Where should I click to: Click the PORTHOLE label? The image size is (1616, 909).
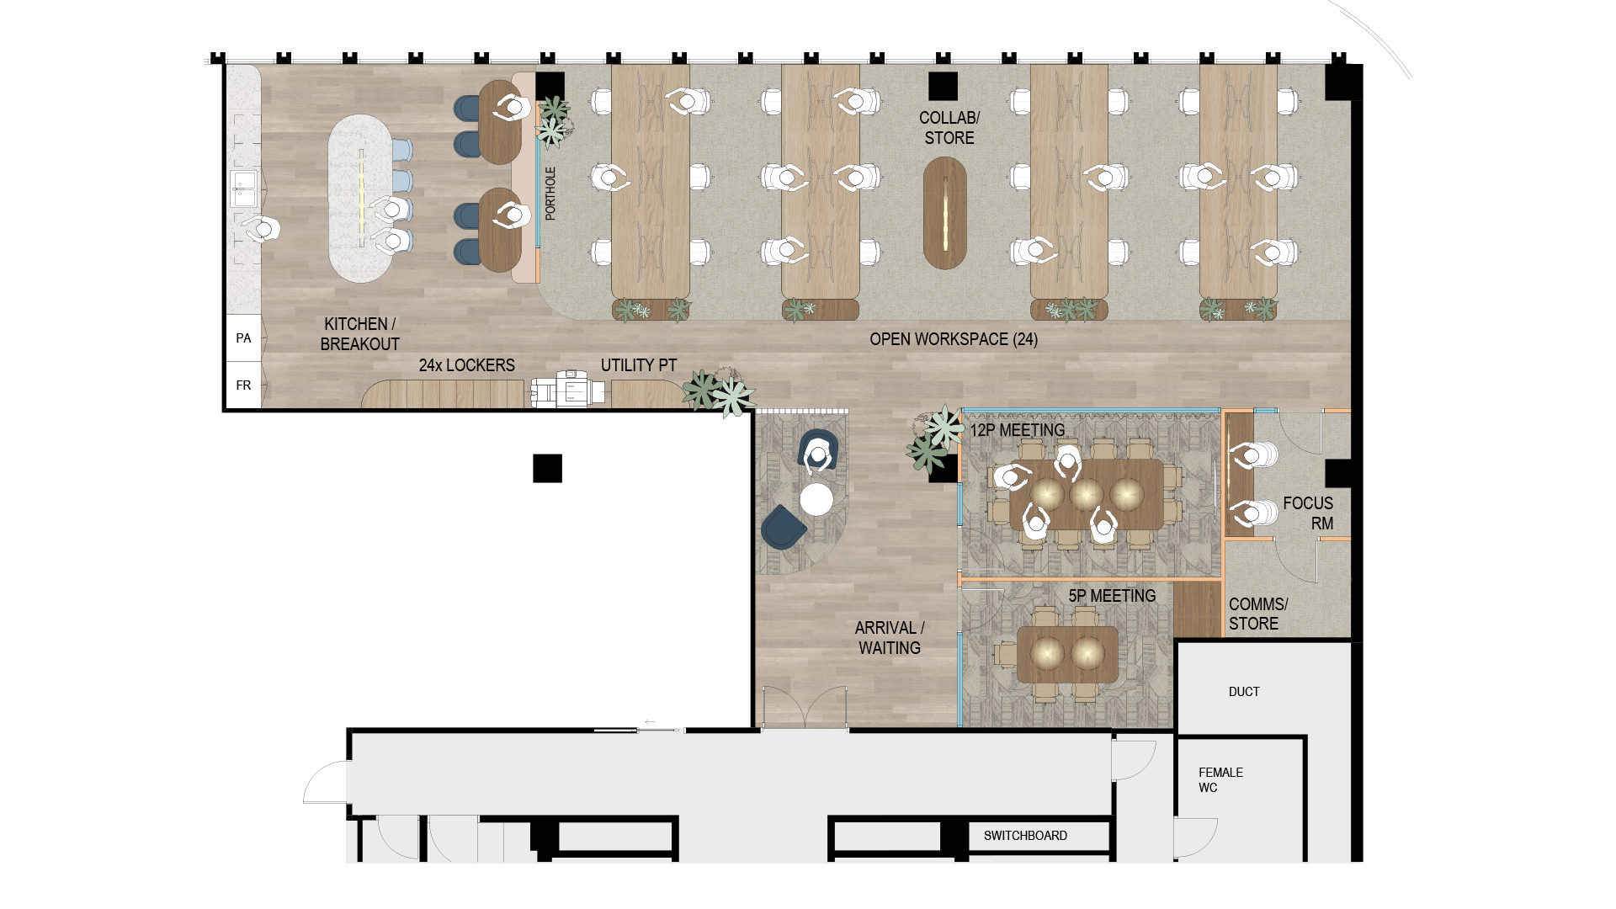point(550,194)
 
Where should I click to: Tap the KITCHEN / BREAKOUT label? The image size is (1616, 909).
point(360,334)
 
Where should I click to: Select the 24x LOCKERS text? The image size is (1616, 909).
point(467,365)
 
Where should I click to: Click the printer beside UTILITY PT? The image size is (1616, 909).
point(567,390)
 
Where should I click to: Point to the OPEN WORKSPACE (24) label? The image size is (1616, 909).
point(954,339)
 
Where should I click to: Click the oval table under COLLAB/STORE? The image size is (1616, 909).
point(945,213)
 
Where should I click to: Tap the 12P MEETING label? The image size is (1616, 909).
point(1018,430)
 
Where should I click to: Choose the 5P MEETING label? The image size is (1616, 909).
point(1112,596)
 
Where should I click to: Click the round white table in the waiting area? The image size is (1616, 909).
point(816,499)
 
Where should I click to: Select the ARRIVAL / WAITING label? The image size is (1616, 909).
point(890,638)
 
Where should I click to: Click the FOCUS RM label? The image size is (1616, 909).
point(1308,513)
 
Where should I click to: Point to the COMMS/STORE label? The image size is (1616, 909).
point(1258,614)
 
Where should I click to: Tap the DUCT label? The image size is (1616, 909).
point(1244,692)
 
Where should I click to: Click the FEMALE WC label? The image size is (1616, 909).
point(1220,780)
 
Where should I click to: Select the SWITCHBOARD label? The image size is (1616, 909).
point(1025,836)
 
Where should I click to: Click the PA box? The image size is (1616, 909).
point(244,338)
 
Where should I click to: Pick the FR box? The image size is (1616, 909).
point(244,385)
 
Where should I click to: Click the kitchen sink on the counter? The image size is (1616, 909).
point(244,188)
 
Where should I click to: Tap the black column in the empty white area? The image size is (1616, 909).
point(547,468)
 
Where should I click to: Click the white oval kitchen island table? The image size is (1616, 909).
point(360,199)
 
